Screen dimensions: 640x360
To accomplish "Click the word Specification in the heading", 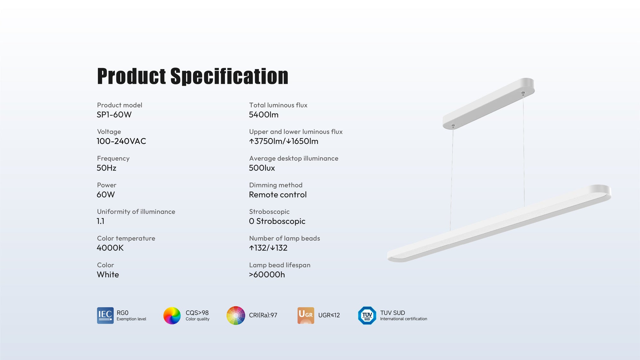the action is point(229,76).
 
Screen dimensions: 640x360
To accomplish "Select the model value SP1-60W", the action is point(114,115).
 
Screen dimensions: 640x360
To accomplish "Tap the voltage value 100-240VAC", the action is point(121,141).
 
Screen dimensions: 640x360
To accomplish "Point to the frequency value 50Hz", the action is point(107,168).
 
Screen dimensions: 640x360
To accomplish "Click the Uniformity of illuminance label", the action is point(136,212).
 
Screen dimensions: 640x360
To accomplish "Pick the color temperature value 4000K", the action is point(110,248).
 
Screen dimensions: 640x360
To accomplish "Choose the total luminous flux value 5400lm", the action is point(264,115).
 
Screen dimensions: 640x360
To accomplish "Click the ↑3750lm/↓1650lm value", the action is point(284,141).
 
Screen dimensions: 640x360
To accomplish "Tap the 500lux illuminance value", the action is point(262,168).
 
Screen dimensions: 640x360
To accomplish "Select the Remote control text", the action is point(278,195).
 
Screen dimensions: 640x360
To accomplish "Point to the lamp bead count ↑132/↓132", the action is point(268,248).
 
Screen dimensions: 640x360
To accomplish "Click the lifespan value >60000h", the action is point(267,275).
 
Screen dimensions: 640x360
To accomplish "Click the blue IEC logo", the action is point(105,316).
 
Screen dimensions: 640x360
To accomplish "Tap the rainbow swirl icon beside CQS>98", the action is point(172,316).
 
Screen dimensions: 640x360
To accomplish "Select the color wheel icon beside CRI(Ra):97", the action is point(236,316).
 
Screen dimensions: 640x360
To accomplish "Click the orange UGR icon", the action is point(306,316).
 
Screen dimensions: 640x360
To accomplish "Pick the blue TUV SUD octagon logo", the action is point(367,316).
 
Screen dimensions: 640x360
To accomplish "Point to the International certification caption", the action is point(404,319).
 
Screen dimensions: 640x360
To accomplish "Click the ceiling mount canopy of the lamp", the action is point(489,103).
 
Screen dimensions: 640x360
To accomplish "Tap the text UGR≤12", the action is point(329,316).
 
